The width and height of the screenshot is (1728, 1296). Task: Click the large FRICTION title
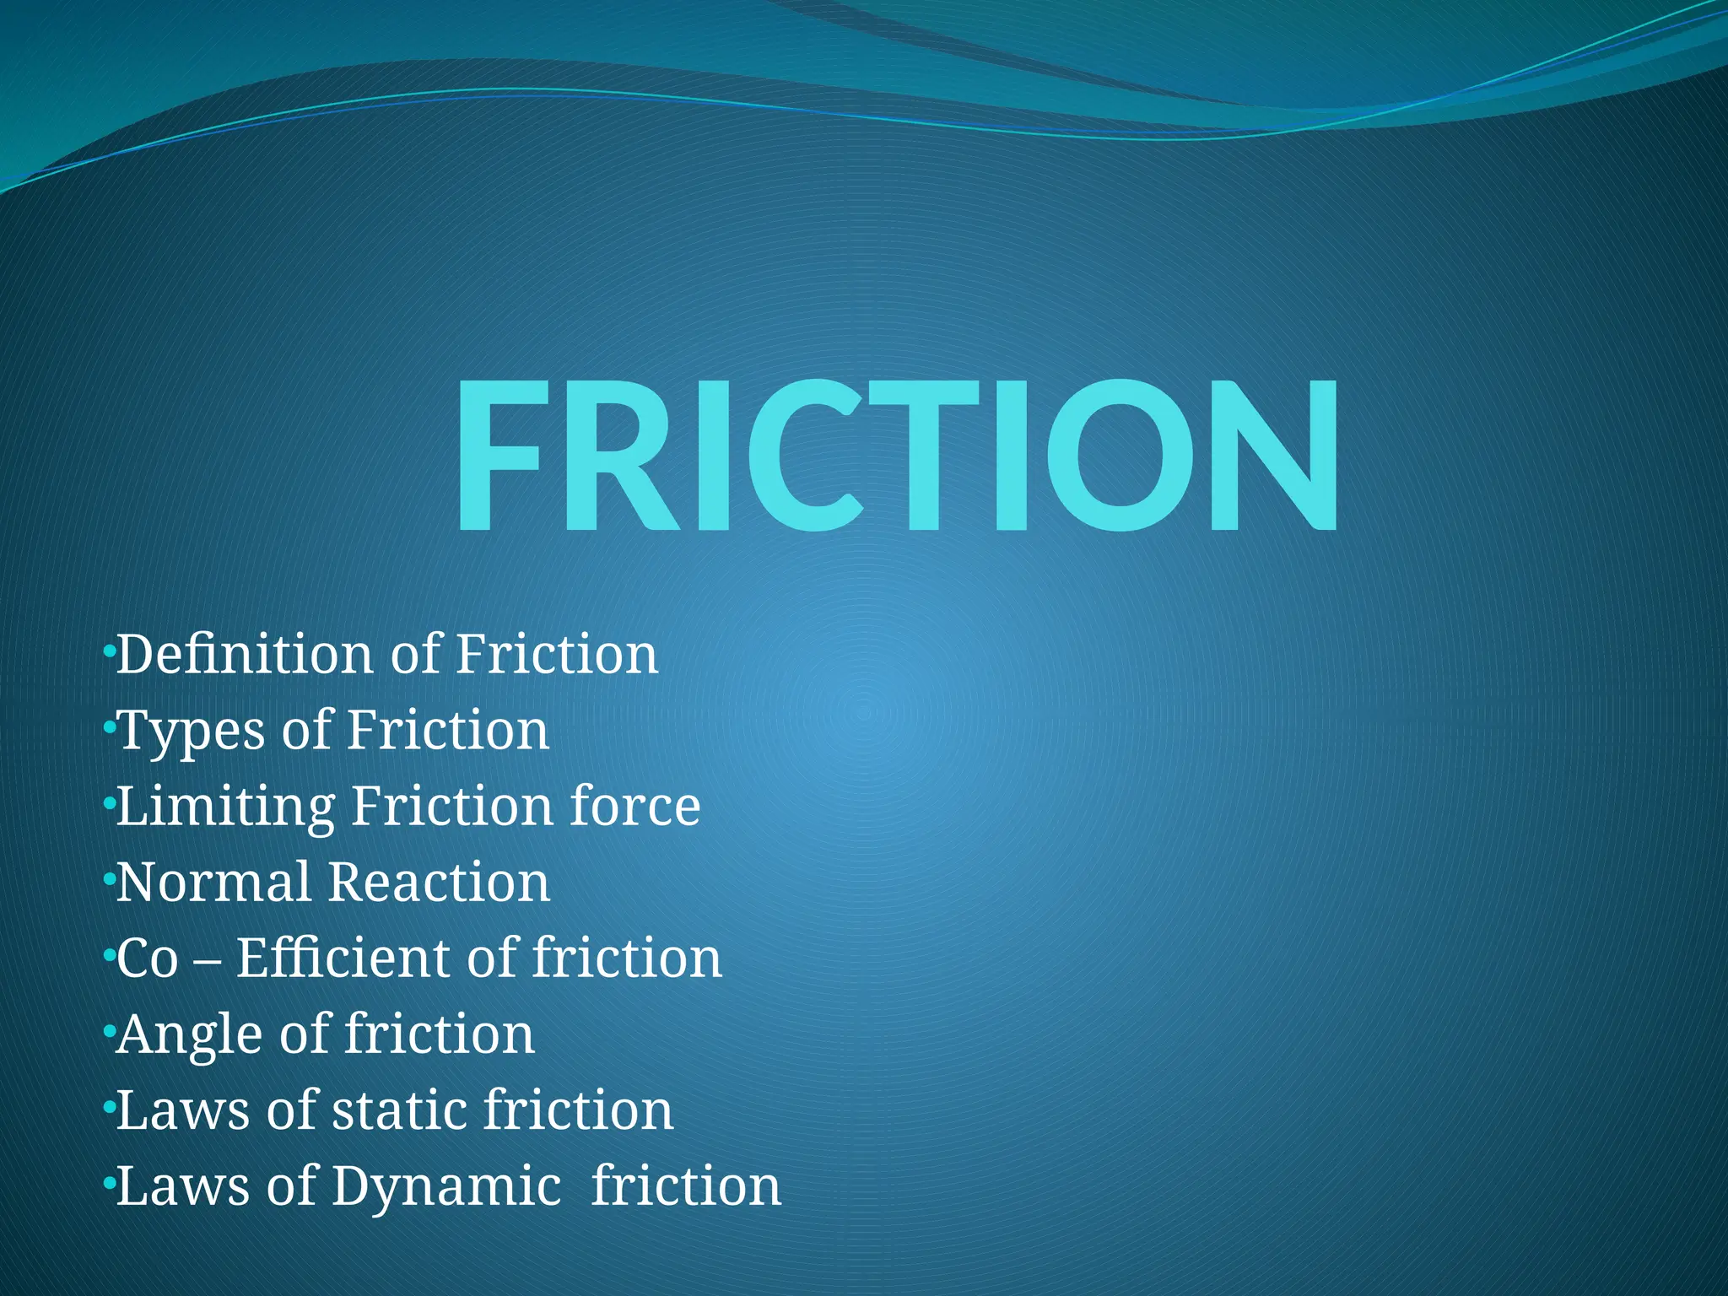click(896, 456)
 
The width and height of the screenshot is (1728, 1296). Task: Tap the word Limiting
click(225, 807)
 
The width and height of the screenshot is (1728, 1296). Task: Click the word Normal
click(213, 883)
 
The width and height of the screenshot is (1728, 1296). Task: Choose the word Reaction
click(439, 883)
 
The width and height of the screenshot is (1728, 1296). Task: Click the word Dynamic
click(446, 1187)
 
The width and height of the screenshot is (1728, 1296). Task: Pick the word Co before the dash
click(148, 959)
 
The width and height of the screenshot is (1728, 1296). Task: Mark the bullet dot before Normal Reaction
click(108, 880)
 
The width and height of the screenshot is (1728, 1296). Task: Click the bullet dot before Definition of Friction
click(108, 651)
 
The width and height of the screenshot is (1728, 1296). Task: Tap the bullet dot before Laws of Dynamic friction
click(108, 1184)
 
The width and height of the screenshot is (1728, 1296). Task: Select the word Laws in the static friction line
click(183, 1110)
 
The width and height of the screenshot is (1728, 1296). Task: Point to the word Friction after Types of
click(448, 731)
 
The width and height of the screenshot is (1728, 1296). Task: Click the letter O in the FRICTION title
click(1120, 456)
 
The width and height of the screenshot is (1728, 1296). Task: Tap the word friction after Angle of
click(440, 1034)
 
